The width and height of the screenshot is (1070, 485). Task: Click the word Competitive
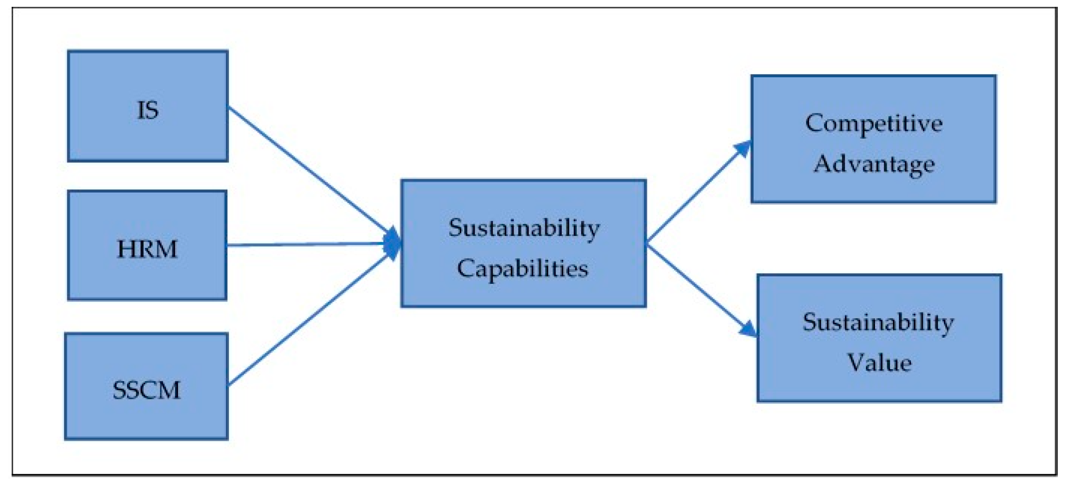(x=874, y=124)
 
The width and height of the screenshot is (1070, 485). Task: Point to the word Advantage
(x=874, y=164)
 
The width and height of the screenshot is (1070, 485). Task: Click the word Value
(x=879, y=362)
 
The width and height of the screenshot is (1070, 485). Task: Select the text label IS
(x=147, y=110)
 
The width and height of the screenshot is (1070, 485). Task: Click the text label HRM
(x=147, y=249)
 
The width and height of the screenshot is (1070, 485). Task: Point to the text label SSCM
(x=146, y=390)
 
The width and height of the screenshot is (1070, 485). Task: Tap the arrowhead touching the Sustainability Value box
(x=748, y=329)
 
